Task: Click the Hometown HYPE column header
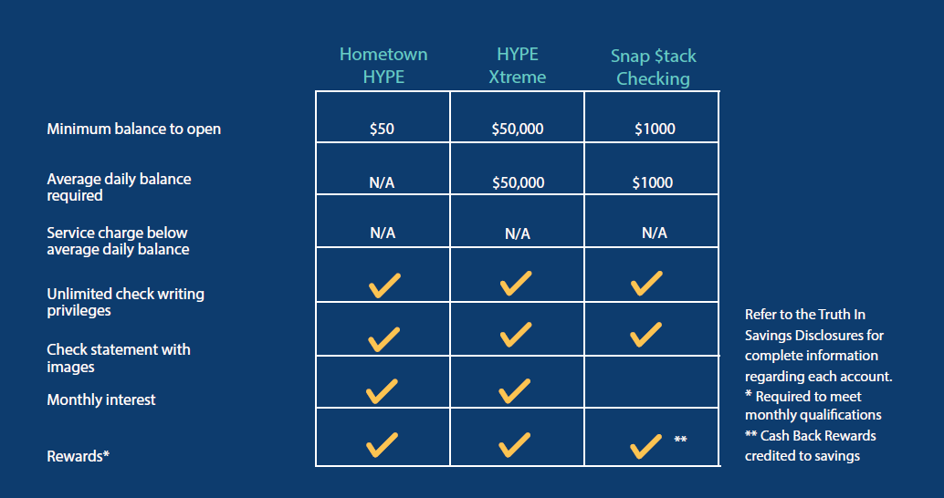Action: (383, 66)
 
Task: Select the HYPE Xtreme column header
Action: (517, 66)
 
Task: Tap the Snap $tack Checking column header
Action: (653, 67)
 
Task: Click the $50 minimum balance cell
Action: (382, 129)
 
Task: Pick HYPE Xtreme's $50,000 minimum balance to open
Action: (517, 129)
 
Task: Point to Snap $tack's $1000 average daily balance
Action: (653, 182)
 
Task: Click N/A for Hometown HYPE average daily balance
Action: (382, 182)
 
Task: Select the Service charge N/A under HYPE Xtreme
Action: (517, 234)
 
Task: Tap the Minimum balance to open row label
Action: (133, 129)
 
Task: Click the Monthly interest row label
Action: (101, 400)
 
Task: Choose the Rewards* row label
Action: (79, 456)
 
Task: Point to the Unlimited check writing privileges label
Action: (125, 302)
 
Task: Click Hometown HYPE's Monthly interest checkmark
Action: (382, 391)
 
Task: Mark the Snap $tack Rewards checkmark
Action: (646, 446)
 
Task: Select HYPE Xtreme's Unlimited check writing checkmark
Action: (516, 284)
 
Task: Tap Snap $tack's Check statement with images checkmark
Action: (646, 335)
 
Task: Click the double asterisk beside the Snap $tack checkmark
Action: (680, 439)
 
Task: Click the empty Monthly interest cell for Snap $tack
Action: (652, 382)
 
